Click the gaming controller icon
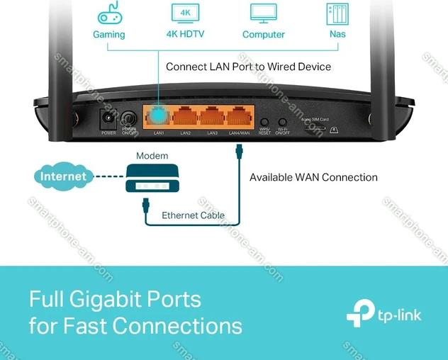pos(108,14)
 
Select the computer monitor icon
pos(263,13)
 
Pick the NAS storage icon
pos(337,13)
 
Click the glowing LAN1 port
pos(158,116)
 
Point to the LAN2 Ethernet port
pos(186,116)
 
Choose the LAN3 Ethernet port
pos(213,116)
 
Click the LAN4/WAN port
pos(240,116)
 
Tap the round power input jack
pos(109,119)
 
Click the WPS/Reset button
pos(264,122)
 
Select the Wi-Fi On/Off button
pos(282,122)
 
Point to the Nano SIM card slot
pos(312,128)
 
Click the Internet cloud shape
pos(62,176)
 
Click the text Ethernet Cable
pos(193,215)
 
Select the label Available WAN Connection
pos(313,177)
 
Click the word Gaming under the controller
pos(108,34)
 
